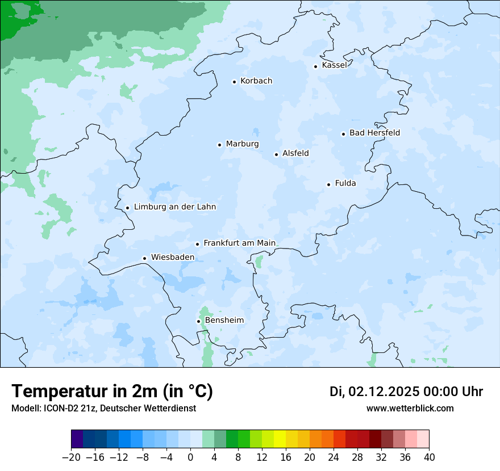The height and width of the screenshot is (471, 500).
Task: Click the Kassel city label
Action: click(x=334, y=65)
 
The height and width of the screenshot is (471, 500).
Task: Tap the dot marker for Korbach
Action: click(x=234, y=82)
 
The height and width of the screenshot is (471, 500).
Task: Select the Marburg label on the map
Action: click(x=242, y=144)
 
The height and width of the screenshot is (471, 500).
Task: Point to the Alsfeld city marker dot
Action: click(x=276, y=154)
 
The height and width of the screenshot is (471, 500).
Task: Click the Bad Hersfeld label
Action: click(x=374, y=133)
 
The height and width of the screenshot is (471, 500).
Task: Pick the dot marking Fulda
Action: click(x=328, y=184)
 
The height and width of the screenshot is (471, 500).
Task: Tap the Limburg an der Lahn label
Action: click(x=175, y=207)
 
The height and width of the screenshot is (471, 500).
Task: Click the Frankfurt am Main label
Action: click(x=239, y=243)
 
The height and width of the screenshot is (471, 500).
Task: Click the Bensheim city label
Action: click(x=224, y=321)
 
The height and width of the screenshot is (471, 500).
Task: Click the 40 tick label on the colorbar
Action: click(x=429, y=457)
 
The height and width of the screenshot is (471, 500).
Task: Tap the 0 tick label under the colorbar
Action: click(x=190, y=457)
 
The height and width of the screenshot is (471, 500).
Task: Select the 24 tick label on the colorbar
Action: click(x=334, y=457)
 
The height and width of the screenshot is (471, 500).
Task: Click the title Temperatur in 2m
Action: click(x=112, y=392)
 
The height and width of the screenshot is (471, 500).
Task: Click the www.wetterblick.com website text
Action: click(x=410, y=409)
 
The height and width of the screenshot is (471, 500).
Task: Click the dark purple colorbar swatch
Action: click(x=77, y=439)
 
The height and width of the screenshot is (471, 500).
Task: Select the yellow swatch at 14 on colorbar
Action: click(x=280, y=439)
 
